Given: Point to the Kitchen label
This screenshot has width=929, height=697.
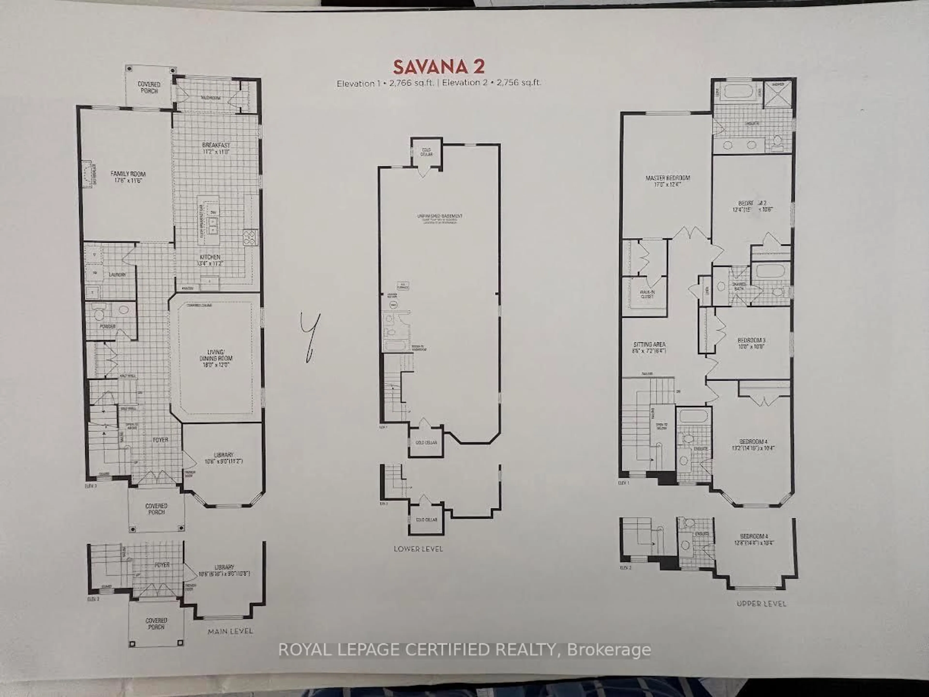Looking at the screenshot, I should click(210, 260).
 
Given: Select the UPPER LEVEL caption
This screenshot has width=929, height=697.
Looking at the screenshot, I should click(761, 604).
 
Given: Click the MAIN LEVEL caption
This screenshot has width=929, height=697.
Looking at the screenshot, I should click(230, 631).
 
